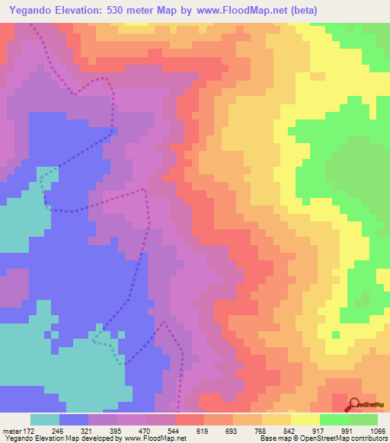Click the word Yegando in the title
tap(35, 10)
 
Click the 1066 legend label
tap(377, 430)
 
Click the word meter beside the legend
tap(12, 430)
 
